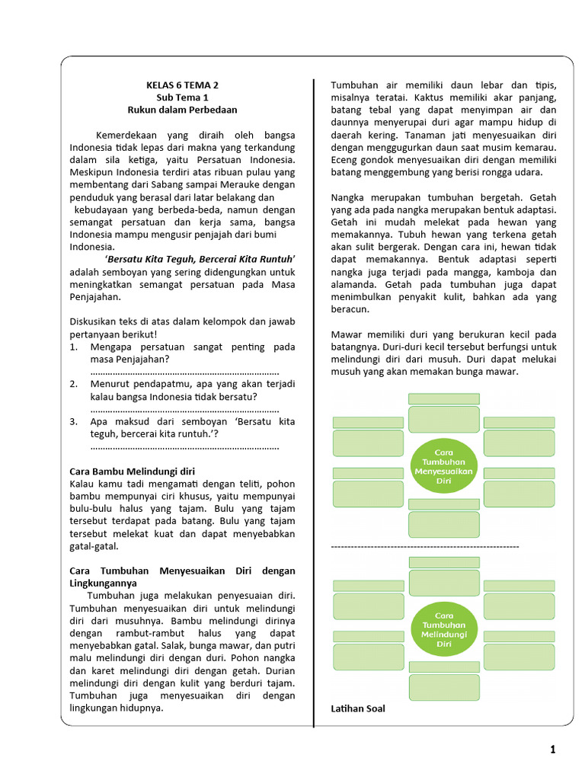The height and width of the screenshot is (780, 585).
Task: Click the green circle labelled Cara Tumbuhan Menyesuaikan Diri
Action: [x=444, y=461]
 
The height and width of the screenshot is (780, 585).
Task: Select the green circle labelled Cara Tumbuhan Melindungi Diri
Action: [x=443, y=628]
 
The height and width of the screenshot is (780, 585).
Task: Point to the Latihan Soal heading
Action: [x=358, y=708]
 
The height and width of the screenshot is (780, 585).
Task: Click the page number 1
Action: [x=553, y=750]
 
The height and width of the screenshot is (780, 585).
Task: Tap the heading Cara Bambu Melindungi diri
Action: [x=132, y=471]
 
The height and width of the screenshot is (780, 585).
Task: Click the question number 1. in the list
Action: [x=74, y=347]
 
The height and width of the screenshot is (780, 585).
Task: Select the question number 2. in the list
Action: [x=74, y=384]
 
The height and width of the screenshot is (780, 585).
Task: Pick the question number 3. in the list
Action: [x=74, y=421]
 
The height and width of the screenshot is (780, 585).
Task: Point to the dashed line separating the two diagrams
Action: [x=425, y=546]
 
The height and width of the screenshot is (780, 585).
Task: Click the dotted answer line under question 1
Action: [x=184, y=372]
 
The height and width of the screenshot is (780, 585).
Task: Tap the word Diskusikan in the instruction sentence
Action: [x=94, y=321]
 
